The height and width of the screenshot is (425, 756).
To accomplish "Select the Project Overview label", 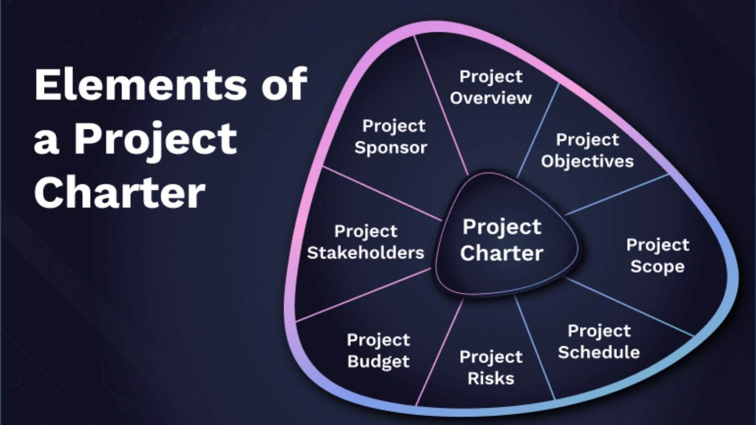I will point(491,87).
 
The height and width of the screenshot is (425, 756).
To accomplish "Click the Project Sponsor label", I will point(391,136).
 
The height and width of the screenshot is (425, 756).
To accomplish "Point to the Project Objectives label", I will point(587,150).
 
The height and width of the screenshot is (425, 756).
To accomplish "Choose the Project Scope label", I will point(657,255).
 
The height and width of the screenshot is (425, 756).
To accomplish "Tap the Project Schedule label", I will point(599,341).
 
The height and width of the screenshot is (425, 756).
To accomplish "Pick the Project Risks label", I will point(491,367).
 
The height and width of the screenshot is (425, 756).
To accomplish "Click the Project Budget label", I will point(378,350).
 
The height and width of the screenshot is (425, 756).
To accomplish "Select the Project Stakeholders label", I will point(366,242).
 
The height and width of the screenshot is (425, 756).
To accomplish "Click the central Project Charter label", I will point(502,240).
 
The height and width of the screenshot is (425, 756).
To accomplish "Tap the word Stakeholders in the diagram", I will point(366,253).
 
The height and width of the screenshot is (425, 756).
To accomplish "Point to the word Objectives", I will point(587,161).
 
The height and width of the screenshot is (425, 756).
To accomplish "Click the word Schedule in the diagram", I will point(599,352).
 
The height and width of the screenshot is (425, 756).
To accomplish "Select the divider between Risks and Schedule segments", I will point(534,347).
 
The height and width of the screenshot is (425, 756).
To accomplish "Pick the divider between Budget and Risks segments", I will point(439,352).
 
